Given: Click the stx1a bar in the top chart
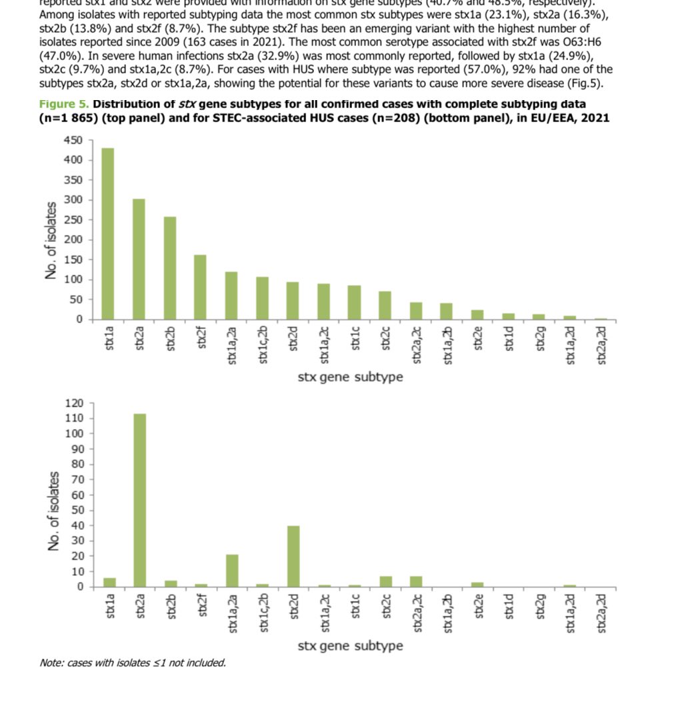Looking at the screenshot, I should pyautogui.click(x=108, y=234).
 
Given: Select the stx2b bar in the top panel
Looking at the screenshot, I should pyautogui.click(x=170, y=268).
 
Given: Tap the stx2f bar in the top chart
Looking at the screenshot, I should pyautogui.click(x=201, y=287).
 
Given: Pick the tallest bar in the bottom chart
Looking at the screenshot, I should pyautogui.click(x=139, y=500).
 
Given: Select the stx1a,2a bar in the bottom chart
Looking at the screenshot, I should pyautogui.click(x=232, y=571).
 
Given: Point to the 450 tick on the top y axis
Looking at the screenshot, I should pyautogui.click(x=73, y=140).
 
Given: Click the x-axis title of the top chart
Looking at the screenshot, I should pyautogui.click(x=350, y=377).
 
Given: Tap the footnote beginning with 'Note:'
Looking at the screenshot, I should pyautogui.click(x=133, y=663).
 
